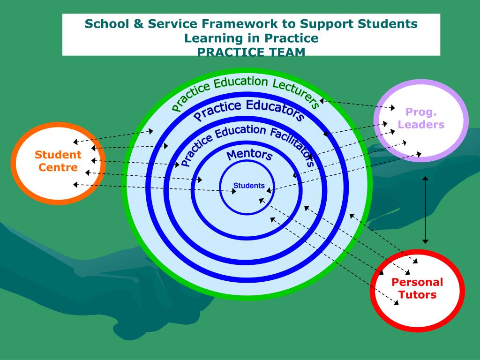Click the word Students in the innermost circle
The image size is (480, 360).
tap(249, 186)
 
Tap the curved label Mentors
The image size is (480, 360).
tap(249, 155)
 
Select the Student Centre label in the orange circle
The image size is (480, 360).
tap(58, 161)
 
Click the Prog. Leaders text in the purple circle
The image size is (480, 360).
tap(421, 118)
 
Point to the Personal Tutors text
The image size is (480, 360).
tap(417, 288)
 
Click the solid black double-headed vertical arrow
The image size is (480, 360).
tap(425, 210)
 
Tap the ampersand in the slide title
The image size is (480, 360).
tap(136, 23)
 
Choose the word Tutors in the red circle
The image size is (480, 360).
tap(417, 295)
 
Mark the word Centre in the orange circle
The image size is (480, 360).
tap(58, 167)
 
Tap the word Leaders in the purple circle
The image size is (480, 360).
tap(421, 125)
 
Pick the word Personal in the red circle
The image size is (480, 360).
tap(417, 282)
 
